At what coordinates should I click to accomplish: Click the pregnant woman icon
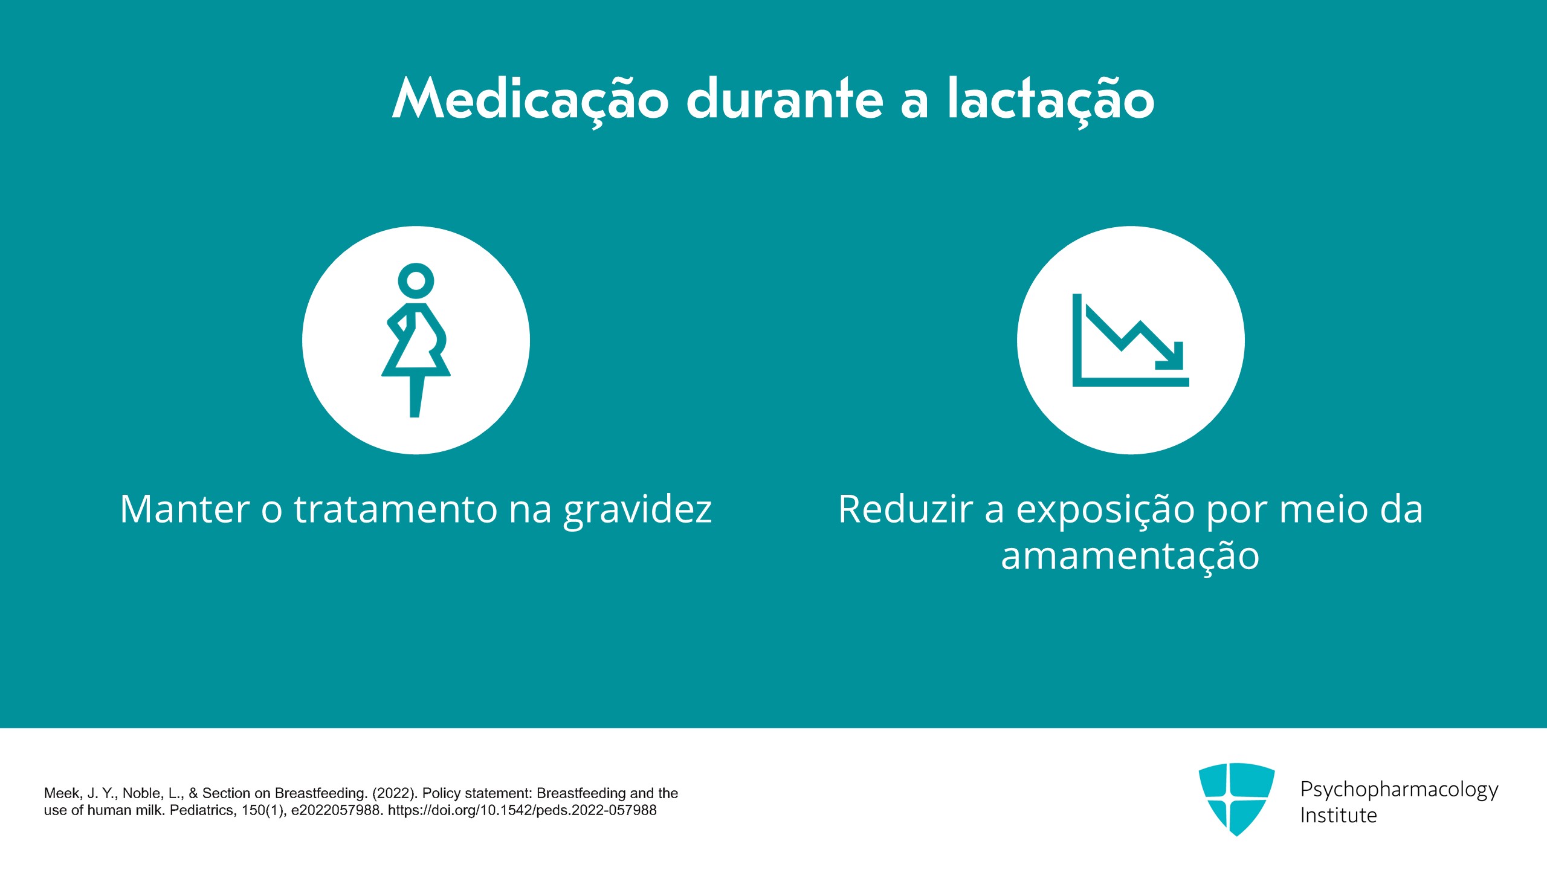click(x=416, y=340)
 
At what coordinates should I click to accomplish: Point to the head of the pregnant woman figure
click(x=416, y=280)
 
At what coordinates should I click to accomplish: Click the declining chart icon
click(x=1131, y=340)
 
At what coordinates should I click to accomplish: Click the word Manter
click(x=185, y=509)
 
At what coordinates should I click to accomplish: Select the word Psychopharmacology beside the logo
click(x=1400, y=790)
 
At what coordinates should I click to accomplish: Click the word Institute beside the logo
click(x=1339, y=816)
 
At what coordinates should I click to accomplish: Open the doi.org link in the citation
click(x=522, y=810)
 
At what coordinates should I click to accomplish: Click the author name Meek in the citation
click(x=62, y=793)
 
